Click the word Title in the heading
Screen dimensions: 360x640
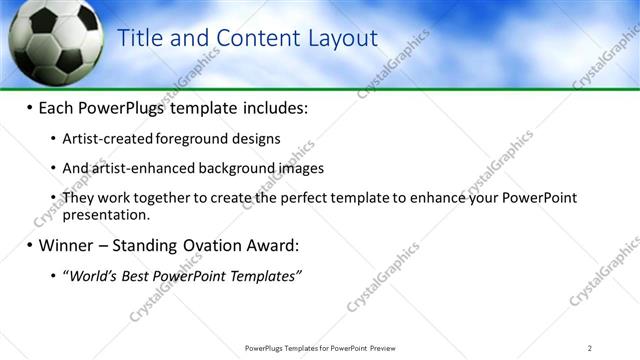pyautogui.click(x=140, y=39)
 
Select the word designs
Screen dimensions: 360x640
pyautogui.click(x=256, y=139)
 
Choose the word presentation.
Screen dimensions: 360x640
pyautogui.click(x=106, y=214)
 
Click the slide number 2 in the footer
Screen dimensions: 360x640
pyautogui.click(x=590, y=348)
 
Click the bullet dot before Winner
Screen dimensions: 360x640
pyautogui.click(x=29, y=245)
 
